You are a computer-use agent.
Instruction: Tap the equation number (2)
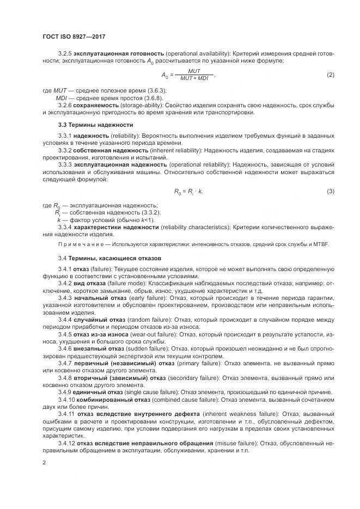tap(330, 75)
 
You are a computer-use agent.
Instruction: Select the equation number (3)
tap(330, 191)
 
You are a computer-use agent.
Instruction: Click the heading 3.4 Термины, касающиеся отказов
tap(113, 257)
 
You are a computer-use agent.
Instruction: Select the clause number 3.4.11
tap(66, 412)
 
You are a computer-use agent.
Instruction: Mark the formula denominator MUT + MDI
tap(194, 78)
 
